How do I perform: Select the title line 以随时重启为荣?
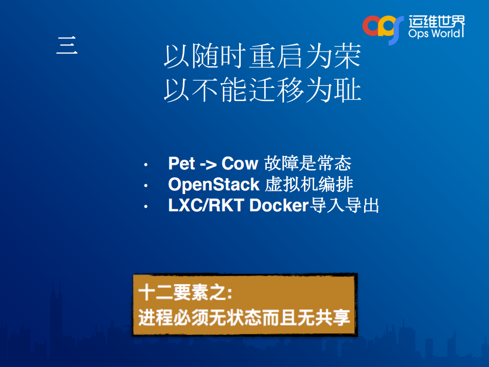pyautogui.click(x=262, y=57)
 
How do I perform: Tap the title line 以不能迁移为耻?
pyautogui.click(x=262, y=91)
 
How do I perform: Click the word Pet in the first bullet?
pyautogui.click(x=182, y=164)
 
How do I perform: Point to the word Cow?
pyautogui.click(x=240, y=164)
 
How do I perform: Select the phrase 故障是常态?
pyautogui.click(x=307, y=164)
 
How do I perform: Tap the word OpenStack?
pyautogui.click(x=214, y=184)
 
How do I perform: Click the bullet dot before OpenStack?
pyautogui.click(x=146, y=185)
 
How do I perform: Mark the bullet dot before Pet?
pyautogui.click(x=146, y=165)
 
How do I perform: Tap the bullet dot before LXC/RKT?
pyautogui.click(x=146, y=207)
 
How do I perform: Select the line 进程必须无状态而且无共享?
pyautogui.click(x=244, y=317)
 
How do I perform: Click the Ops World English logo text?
pyautogui.click(x=436, y=34)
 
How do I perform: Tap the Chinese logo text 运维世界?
pyautogui.click(x=436, y=20)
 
